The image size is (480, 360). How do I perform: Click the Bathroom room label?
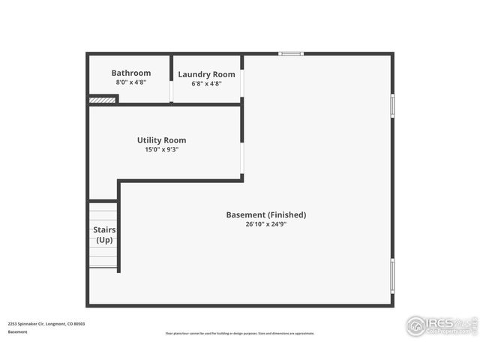[131, 73]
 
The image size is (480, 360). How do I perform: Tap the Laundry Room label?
[206, 74]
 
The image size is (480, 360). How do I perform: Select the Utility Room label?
[161, 140]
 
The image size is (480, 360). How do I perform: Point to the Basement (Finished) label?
[266, 214]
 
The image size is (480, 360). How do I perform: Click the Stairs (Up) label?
[103, 235]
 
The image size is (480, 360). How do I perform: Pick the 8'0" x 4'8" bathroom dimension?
[131, 82]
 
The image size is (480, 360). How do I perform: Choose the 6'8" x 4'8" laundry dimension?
[206, 84]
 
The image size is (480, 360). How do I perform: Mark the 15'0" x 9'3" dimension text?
[161, 149]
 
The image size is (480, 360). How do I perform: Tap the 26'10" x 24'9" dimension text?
[266, 223]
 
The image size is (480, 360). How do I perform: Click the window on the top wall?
[291, 53]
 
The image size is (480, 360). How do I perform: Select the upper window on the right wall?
[391, 105]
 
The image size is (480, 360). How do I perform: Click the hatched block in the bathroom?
[102, 99]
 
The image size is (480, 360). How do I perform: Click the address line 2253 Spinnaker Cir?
[46, 324]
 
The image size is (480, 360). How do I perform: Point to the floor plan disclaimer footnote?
[240, 334]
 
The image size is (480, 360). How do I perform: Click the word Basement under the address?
[18, 331]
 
